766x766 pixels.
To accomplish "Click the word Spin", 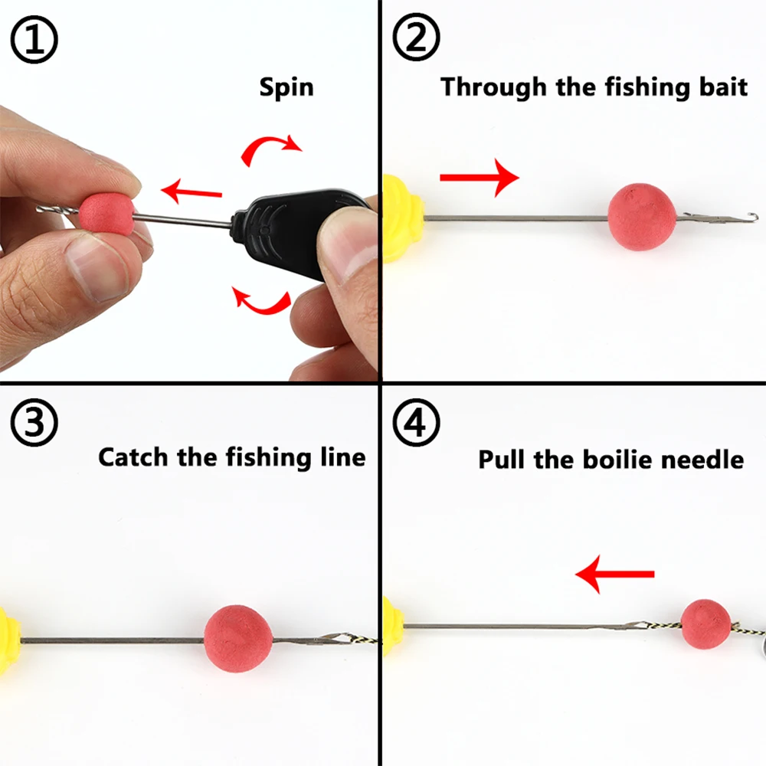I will point(286,87).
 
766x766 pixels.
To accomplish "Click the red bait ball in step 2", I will point(642,217).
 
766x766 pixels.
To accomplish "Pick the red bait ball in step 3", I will point(239,639).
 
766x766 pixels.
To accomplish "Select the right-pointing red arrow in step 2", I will point(480,178).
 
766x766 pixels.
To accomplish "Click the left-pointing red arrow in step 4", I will point(615,574).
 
